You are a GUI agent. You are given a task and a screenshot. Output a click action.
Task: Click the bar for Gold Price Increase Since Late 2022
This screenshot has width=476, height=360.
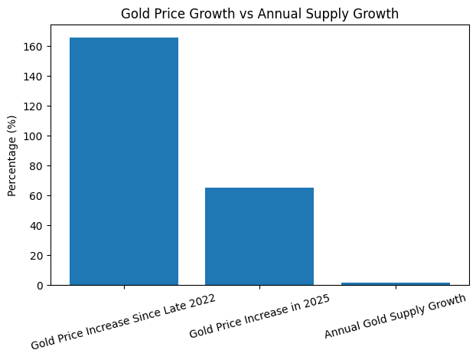(x=124, y=161)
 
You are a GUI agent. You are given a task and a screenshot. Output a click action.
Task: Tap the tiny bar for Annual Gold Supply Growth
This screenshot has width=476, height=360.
(x=395, y=283)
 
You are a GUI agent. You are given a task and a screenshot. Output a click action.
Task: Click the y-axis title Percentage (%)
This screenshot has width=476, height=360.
(x=11, y=155)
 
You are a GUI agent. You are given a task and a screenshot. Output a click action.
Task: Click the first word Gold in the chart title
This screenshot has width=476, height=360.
(x=135, y=13)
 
